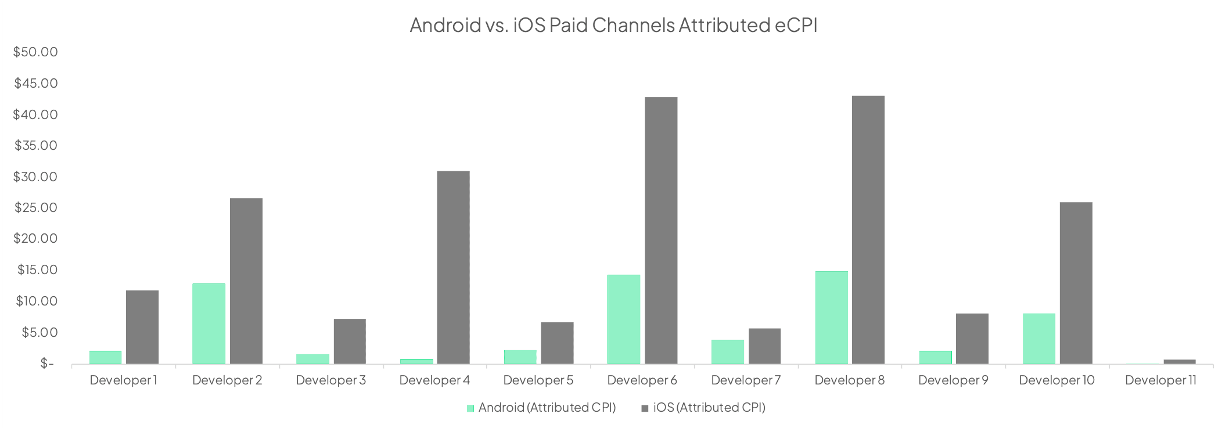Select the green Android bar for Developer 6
point(623,319)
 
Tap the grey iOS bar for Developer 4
point(453,267)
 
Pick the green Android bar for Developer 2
point(209,323)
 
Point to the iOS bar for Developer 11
point(1179,362)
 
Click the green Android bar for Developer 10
point(1038,339)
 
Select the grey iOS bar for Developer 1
point(142,327)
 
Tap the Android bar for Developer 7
point(727,352)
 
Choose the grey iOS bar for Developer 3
point(350,341)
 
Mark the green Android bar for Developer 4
point(416,361)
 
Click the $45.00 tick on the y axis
point(36,83)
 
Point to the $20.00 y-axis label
point(36,238)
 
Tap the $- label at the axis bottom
point(46,364)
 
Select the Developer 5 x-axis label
point(538,380)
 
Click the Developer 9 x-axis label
point(953,380)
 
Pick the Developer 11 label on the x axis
point(1160,380)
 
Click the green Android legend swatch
point(470,408)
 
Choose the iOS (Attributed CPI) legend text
point(709,408)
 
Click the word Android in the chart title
point(445,25)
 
